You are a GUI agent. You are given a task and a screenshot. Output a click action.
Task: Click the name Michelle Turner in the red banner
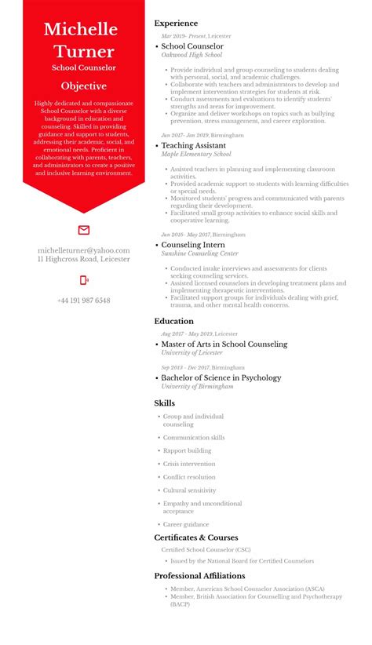(x=84, y=41)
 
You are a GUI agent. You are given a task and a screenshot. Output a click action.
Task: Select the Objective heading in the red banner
(x=84, y=85)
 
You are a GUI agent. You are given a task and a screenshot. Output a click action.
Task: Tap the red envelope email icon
(x=84, y=230)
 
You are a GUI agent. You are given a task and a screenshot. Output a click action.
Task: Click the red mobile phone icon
(x=84, y=280)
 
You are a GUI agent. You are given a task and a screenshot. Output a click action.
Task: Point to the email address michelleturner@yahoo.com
(x=84, y=250)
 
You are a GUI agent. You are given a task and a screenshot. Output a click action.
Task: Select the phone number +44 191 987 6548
(x=84, y=301)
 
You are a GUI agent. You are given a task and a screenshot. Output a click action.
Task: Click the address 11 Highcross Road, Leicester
(x=84, y=259)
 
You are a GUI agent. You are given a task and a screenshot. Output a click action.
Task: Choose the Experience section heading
(x=176, y=24)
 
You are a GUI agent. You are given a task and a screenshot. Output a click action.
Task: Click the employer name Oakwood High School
(x=191, y=56)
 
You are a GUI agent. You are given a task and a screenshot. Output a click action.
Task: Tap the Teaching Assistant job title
(x=193, y=146)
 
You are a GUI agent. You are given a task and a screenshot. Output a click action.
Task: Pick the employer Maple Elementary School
(x=195, y=155)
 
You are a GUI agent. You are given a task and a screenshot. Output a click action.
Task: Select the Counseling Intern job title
(x=192, y=245)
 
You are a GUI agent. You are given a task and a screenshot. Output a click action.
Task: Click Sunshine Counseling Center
(x=199, y=253)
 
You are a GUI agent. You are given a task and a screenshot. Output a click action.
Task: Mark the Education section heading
(x=173, y=321)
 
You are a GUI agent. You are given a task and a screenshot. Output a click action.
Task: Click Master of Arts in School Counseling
(x=224, y=344)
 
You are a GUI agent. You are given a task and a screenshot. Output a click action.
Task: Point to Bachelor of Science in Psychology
(x=221, y=378)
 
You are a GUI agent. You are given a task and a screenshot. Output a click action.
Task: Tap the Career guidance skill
(x=186, y=524)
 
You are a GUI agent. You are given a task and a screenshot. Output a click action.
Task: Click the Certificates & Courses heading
(x=195, y=537)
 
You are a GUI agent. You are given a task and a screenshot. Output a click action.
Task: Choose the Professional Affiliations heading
(x=199, y=576)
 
